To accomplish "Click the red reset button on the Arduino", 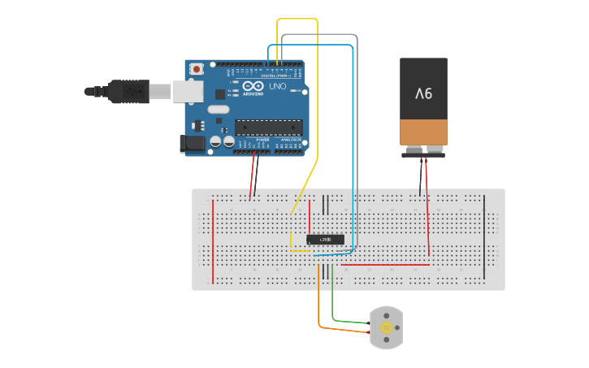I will click(197, 70).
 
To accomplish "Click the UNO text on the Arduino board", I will click(278, 86).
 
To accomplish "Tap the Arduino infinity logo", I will click(253, 86).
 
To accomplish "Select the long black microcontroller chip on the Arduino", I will click(269, 127).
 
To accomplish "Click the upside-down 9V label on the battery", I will click(423, 93).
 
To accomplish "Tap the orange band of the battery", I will click(423, 131).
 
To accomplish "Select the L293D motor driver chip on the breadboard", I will click(325, 239).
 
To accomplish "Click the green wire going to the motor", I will click(333, 301).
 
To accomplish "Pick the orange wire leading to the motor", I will click(318, 301).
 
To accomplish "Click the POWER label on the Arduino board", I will click(262, 140).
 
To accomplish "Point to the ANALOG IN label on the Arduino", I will click(290, 140).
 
